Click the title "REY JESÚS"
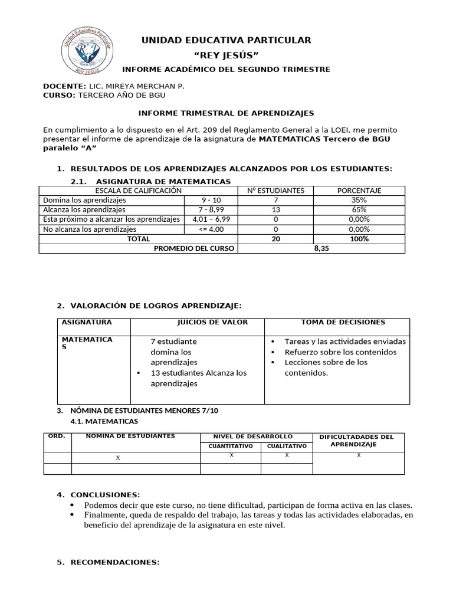click(226, 55)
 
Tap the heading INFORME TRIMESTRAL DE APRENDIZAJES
click(226, 113)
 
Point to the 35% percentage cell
click(359, 200)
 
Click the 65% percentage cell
click(359, 209)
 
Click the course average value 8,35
click(321, 248)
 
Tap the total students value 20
click(275, 239)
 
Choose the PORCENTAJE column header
click(359, 191)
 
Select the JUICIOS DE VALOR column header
click(212, 322)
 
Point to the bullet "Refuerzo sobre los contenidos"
click(340, 352)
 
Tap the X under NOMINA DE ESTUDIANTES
click(118, 458)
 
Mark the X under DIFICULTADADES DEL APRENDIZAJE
click(359, 455)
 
